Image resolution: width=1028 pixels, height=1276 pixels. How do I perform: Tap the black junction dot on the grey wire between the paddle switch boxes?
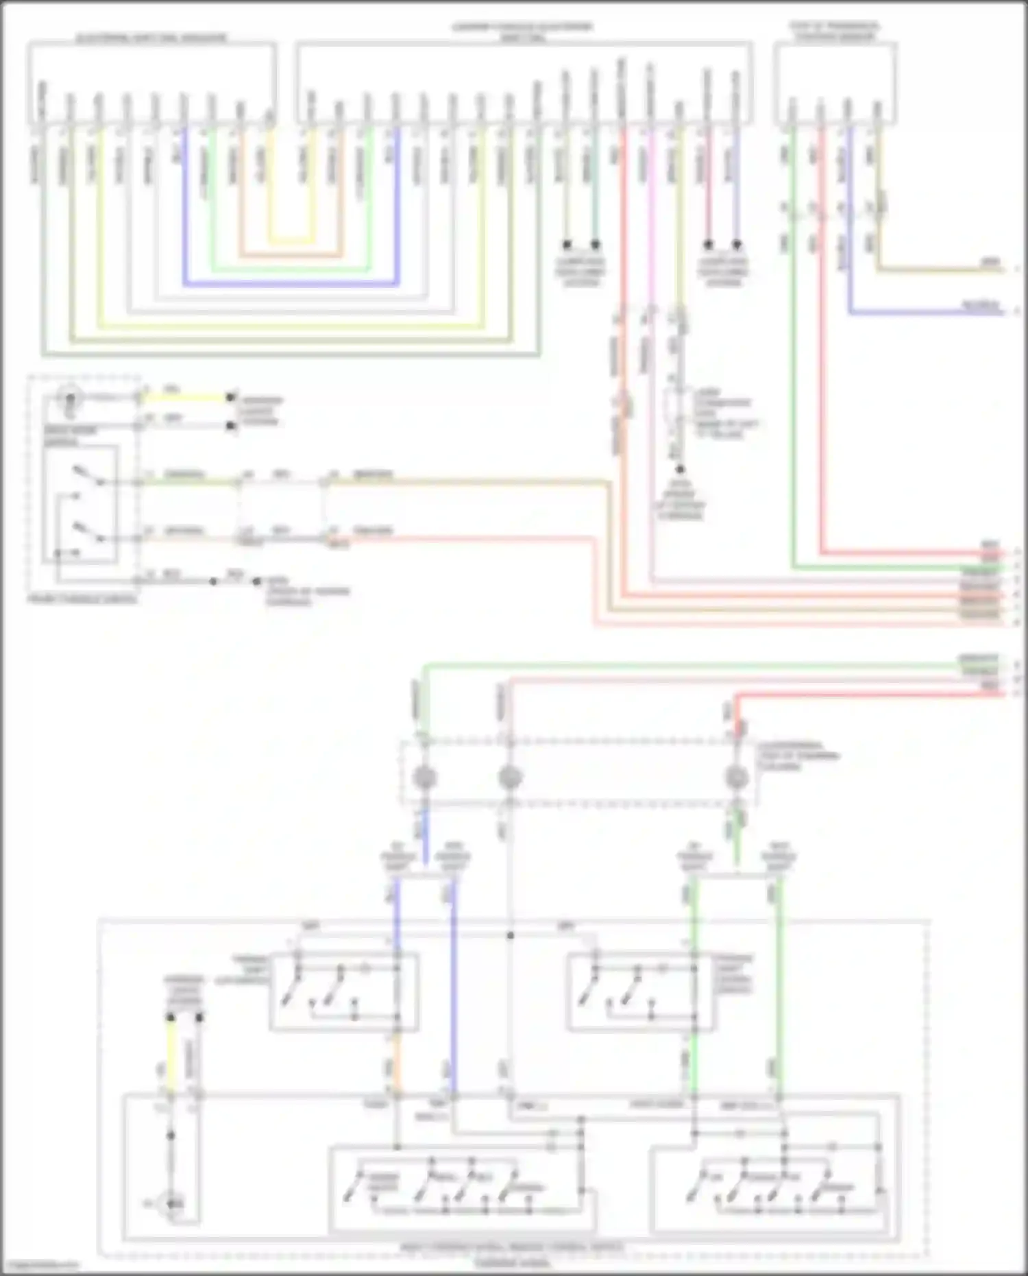[510, 935]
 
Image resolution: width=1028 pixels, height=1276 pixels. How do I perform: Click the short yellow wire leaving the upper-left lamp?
[185, 397]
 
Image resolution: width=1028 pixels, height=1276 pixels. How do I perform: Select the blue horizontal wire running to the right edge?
[925, 313]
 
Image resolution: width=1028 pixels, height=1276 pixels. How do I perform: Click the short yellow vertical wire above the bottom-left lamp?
[171, 1052]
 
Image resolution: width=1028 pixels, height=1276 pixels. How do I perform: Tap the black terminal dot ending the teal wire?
[596, 244]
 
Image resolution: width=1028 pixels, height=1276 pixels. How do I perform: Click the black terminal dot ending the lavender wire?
[737, 244]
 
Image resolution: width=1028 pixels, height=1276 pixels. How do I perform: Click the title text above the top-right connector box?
[835, 32]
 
